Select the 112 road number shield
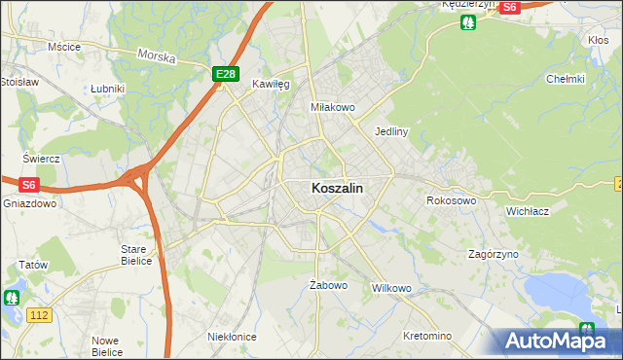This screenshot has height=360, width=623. [x=39, y=314]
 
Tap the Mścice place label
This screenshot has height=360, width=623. [x=63, y=46]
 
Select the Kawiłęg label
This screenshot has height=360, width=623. [x=272, y=84]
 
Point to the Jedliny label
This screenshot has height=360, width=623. [x=390, y=130]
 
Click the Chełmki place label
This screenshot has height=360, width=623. [x=565, y=80]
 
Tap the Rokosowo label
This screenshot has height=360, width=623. [x=451, y=200]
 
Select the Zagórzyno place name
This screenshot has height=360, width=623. [x=493, y=253]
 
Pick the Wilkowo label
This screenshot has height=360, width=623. [x=392, y=289]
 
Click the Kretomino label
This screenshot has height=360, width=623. [x=427, y=336]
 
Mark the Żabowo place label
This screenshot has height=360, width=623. [x=328, y=285]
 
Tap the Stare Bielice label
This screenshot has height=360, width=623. [x=135, y=255]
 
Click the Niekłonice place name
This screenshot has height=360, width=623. [x=232, y=336]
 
